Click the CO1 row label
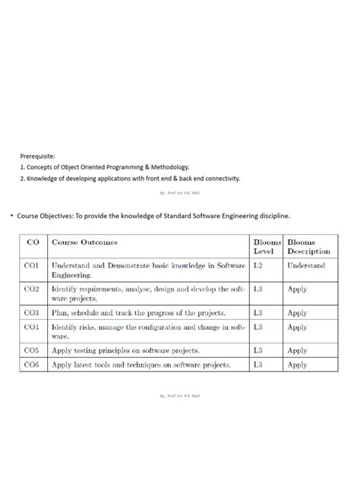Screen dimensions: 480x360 (32, 265)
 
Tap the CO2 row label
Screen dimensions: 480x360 (32, 289)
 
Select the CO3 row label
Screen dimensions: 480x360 (32, 312)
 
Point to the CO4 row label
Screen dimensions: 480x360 (32, 327)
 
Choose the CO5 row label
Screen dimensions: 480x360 (32, 350)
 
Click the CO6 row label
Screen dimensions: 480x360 (32, 365)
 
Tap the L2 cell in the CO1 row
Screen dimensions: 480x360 (258, 265)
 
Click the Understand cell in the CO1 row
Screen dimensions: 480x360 (306, 265)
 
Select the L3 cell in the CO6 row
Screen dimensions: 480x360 (258, 365)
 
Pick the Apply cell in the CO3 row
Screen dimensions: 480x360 (297, 312)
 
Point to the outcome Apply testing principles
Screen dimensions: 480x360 (125, 350)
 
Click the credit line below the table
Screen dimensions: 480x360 (180, 396)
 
